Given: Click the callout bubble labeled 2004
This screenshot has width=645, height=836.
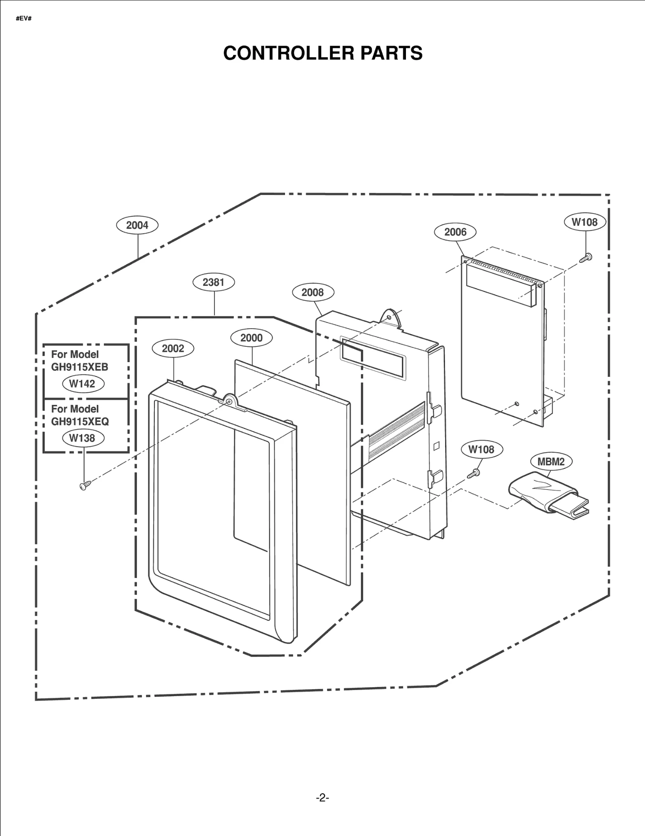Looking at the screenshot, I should click(137, 225).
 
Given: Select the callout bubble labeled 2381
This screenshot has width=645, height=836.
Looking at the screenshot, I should click(213, 282).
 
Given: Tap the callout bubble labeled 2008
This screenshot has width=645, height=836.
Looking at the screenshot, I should click(312, 292).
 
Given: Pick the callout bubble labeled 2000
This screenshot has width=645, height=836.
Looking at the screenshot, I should click(251, 338).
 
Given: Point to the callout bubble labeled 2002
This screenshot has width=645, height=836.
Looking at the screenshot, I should click(173, 348).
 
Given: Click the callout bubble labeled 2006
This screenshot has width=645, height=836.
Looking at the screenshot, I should click(455, 232).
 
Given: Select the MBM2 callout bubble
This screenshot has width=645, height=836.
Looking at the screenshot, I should click(551, 462).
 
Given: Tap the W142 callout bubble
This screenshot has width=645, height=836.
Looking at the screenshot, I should click(83, 384).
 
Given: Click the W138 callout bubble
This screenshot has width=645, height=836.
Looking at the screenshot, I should click(83, 438).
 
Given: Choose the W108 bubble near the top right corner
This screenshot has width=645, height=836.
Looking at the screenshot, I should click(585, 222).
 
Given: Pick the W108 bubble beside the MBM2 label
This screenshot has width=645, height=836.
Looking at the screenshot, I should click(481, 449).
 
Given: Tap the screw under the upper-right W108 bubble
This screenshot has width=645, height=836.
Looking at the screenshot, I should click(586, 258).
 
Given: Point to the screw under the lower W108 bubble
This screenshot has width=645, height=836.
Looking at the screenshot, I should click(473, 474).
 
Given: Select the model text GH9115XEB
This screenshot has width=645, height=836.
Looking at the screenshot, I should click(79, 367).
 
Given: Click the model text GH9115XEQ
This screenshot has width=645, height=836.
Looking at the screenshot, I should click(80, 421).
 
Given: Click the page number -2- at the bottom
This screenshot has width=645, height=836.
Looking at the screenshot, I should click(322, 797).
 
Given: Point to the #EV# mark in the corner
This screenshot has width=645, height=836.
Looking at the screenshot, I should click(23, 19).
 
